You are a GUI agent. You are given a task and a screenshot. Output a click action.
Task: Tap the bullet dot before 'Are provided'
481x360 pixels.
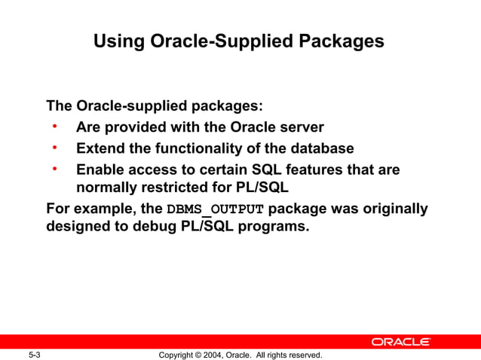pos(54,127)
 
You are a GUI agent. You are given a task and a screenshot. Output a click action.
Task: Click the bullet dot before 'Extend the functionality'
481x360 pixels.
pos(54,147)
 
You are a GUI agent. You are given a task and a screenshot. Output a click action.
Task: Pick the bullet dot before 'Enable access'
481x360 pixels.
pos(54,168)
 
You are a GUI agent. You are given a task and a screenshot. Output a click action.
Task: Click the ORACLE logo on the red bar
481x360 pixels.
pos(400,342)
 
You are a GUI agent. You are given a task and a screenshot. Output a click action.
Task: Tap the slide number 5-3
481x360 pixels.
pos(34,355)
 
